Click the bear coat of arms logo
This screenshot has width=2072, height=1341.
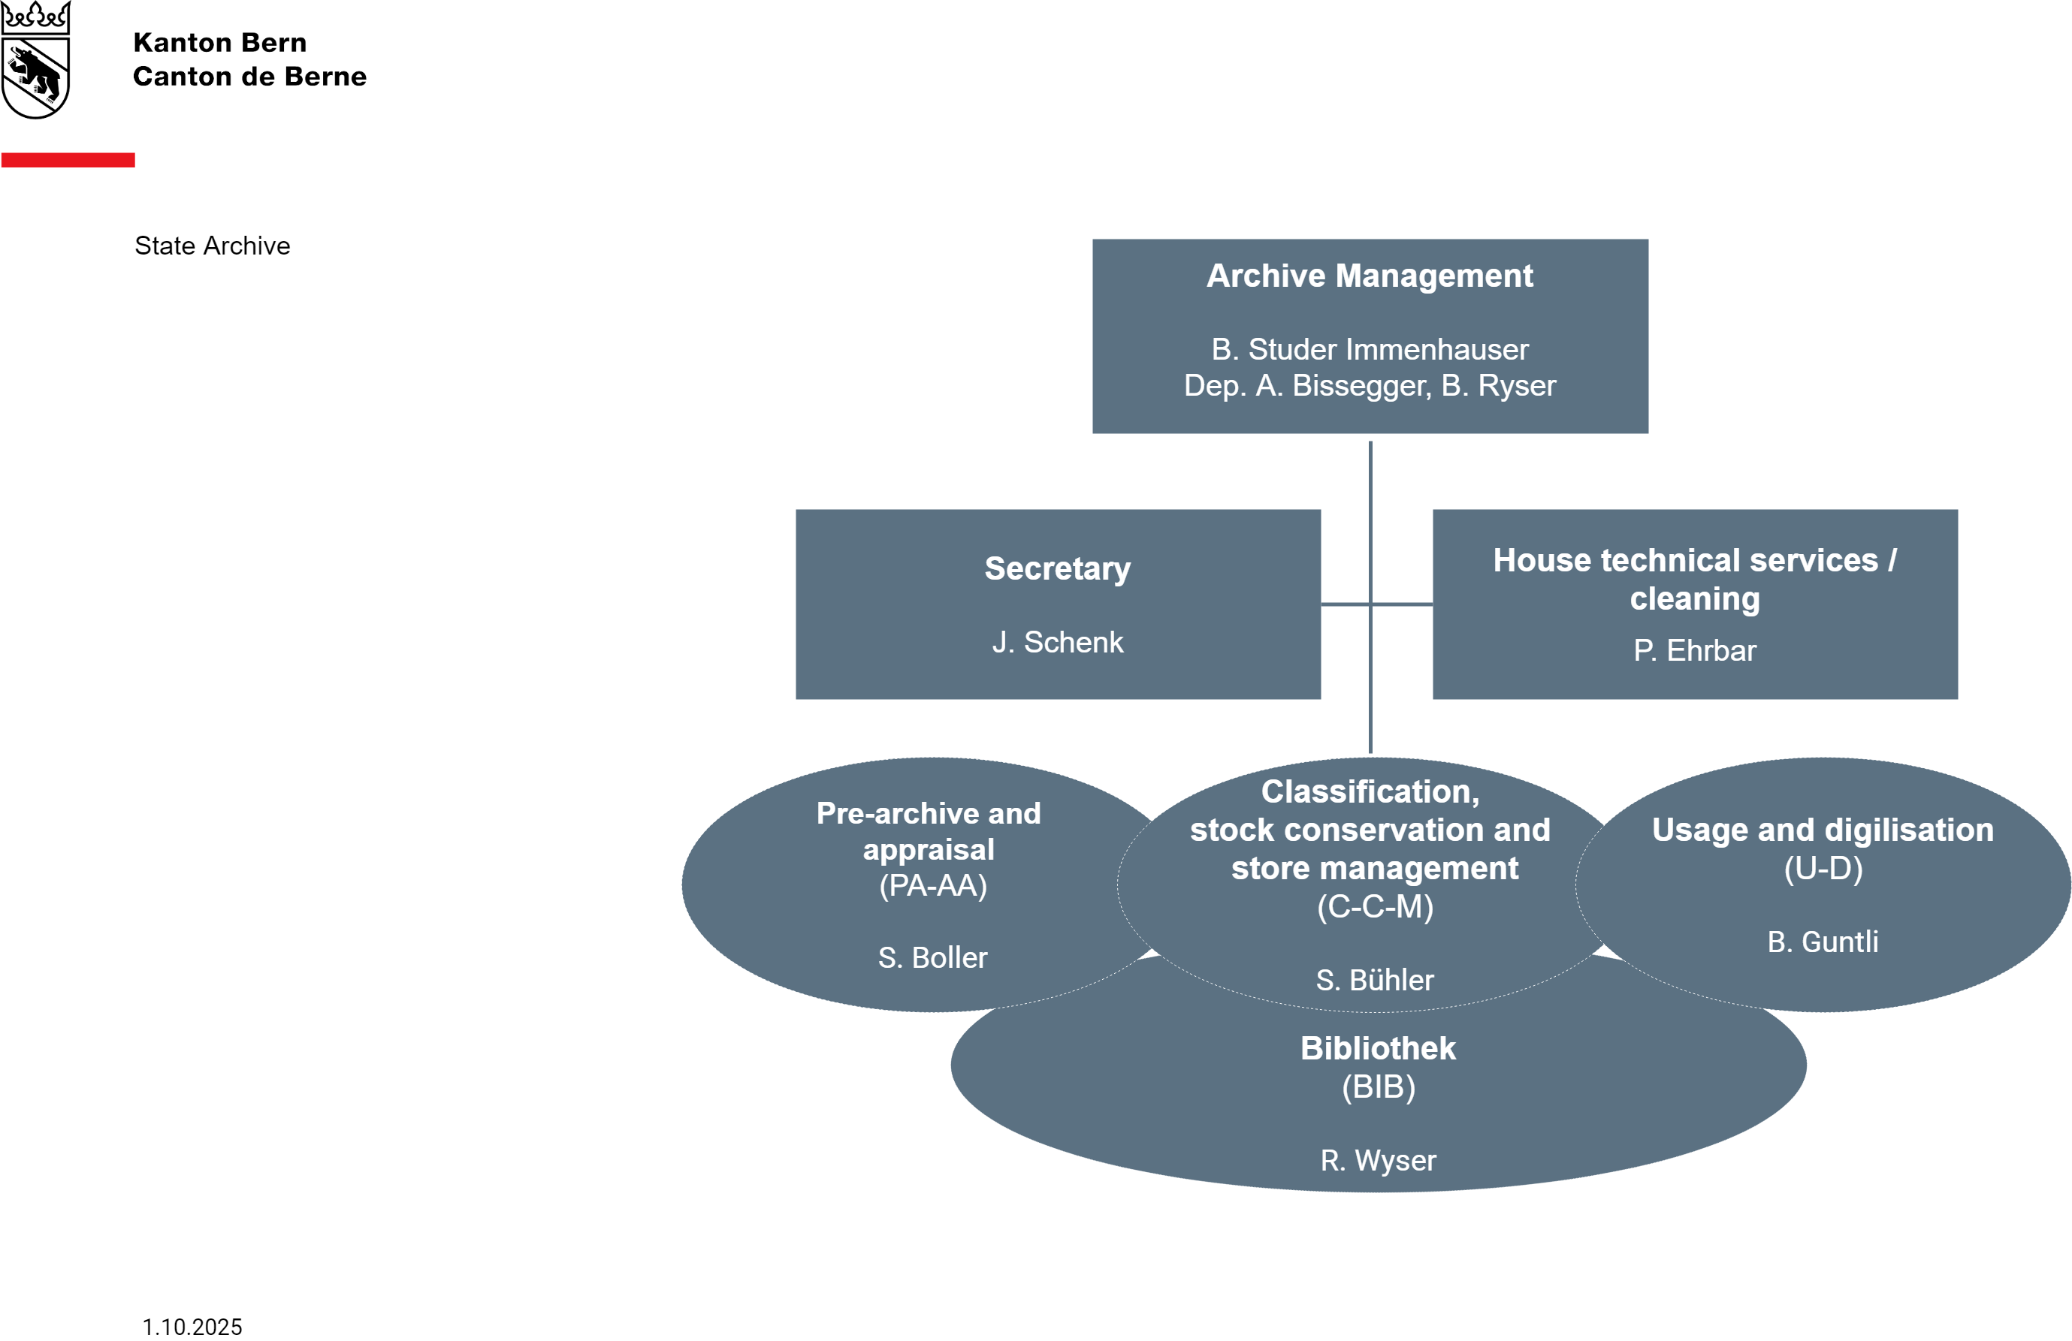click(x=36, y=61)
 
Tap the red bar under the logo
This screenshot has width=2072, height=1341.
click(x=68, y=160)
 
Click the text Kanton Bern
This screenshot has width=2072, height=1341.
click(x=219, y=43)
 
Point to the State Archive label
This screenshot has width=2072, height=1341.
click(x=212, y=246)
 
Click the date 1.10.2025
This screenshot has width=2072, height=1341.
click(x=192, y=1327)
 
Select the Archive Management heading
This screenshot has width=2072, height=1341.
click(x=1370, y=276)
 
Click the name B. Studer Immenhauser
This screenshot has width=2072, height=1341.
click(x=1370, y=350)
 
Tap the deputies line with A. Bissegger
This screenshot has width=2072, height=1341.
click(x=1370, y=385)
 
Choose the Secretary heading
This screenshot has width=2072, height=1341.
click(x=1057, y=568)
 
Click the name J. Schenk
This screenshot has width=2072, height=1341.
click(x=1057, y=642)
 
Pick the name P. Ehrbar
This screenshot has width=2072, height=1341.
click(x=1694, y=651)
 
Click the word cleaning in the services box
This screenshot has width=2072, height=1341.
click(x=1694, y=598)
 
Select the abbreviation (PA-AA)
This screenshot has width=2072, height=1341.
click(x=932, y=886)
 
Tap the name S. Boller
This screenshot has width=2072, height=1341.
click(x=932, y=958)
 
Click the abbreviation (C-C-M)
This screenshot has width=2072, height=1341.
click(x=1375, y=907)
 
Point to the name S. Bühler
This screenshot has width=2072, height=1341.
click(x=1375, y=981)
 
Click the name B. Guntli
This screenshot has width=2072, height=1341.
click(x=1822, y=942)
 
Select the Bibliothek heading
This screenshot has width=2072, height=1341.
click(x=1377, y=1049)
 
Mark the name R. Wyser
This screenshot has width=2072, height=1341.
click(x=1377, y=1161)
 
